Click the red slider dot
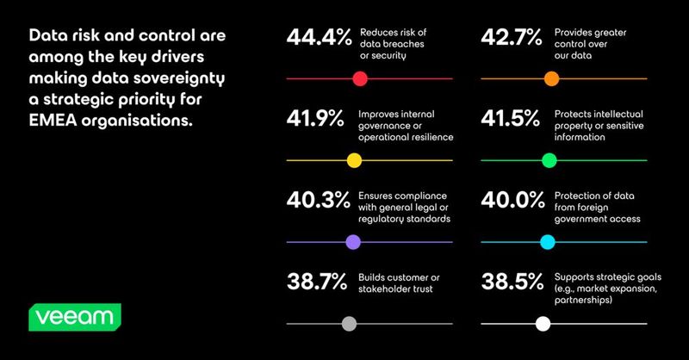tap(360, 79)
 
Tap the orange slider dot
tap(551, 79)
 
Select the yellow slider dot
tap(354, 160)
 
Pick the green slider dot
tap(549, 160)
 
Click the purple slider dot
tap(353, 242)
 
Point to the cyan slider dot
tap(548, 242)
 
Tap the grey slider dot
tap(349, 324)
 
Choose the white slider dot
tap(543, 324)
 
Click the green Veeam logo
tap(75, 317)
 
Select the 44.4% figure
tap(319, 37)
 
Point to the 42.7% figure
tap(512, 37)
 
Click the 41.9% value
tap(315, 119)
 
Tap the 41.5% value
tap(510, 119)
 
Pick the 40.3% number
tap(318, 201)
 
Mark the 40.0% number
tap(512, 201)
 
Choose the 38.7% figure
tap(317, 282)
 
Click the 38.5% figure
tap(512, 282)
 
